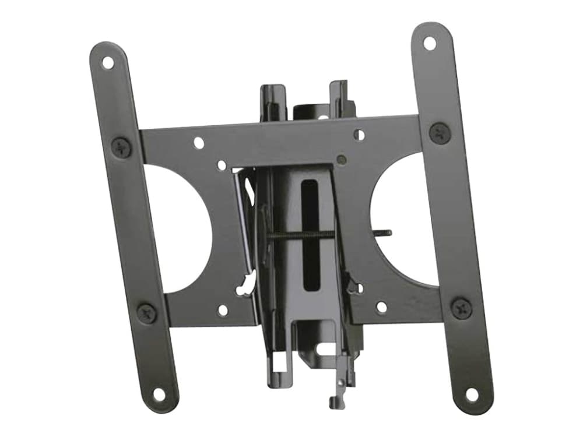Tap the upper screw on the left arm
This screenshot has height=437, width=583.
point(121,147)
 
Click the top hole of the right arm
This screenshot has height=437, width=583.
point(430,43)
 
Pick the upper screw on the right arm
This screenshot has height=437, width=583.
point(440,133)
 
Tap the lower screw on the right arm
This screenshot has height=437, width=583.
point(461,307)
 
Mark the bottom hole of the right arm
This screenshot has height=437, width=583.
point(472,394)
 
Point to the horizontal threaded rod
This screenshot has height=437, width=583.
point(303,235)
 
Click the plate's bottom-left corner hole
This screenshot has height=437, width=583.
point(222,311)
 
